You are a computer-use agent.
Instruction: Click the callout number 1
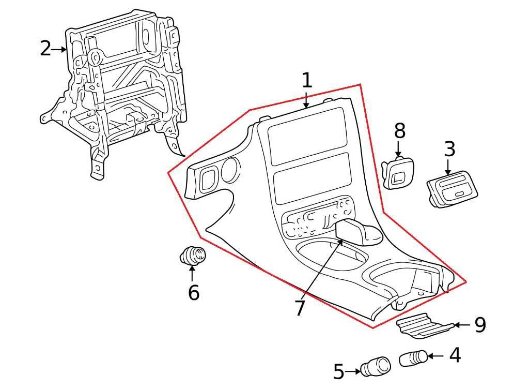306,80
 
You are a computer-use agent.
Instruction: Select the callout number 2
45,49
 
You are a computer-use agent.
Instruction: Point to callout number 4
455,355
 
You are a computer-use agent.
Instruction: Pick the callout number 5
339,371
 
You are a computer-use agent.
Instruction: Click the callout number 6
194,292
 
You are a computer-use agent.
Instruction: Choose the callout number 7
300,308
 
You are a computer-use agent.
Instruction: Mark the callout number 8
400,131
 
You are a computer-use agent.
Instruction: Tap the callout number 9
480,325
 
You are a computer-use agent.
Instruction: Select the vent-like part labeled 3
452,189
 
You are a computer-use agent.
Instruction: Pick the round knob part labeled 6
193,256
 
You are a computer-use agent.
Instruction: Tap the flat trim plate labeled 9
425,326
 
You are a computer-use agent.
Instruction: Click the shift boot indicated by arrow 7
359,232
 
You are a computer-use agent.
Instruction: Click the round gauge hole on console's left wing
231,170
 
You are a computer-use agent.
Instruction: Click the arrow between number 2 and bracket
59,49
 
